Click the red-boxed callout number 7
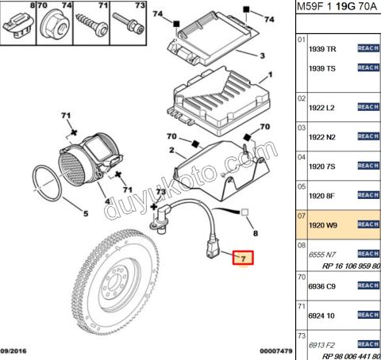244,258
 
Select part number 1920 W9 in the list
323,225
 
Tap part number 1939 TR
323,48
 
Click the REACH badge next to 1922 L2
368,107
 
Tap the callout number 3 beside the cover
261,56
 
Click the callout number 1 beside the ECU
270,75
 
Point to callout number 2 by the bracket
170,149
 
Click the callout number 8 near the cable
254,235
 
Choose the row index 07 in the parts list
301,215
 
